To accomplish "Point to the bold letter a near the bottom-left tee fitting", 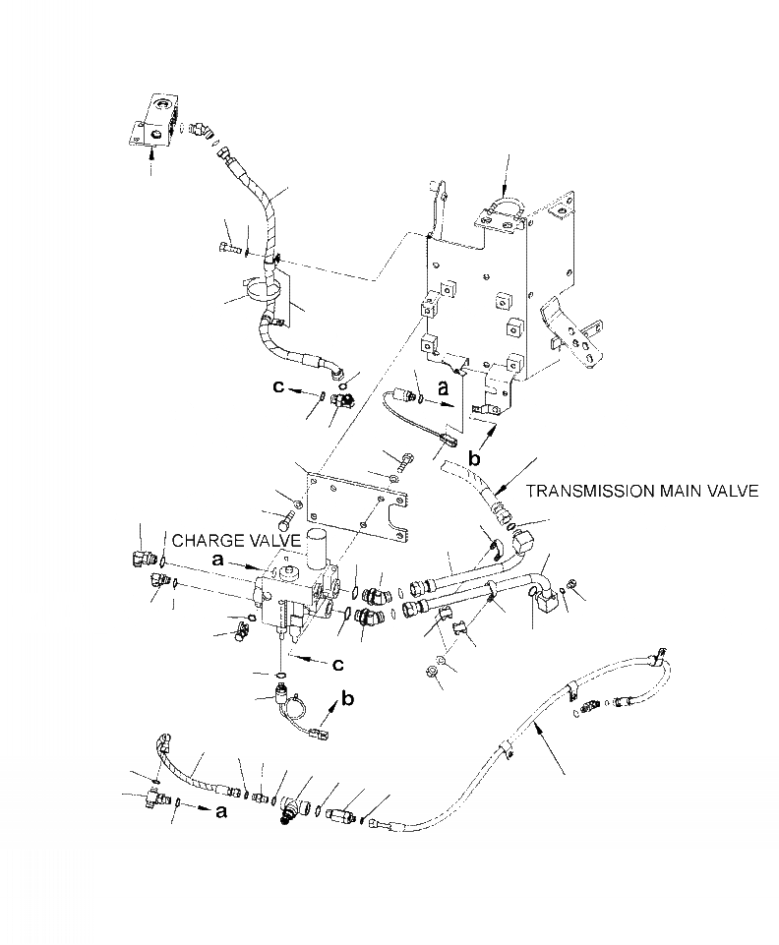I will tap(220, 812).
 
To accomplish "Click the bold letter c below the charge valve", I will tap(337, 665).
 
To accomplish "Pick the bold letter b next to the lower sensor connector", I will tap(347, 701).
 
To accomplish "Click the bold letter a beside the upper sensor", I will tap(443, 388).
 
